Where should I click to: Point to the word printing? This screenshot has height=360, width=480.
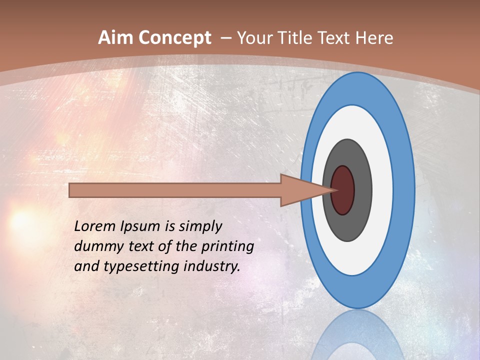coord(227,247)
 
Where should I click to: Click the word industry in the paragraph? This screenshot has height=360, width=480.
coord(212,266)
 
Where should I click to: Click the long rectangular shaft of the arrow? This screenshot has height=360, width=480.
coord(175,190)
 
